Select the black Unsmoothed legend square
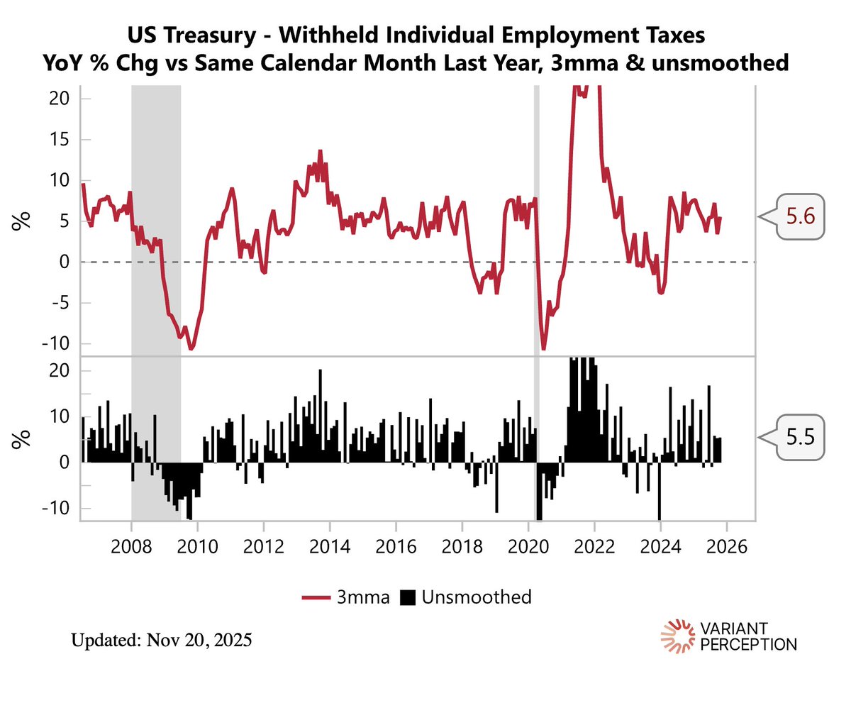click(406, 597)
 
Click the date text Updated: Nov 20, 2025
click(162, 641)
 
